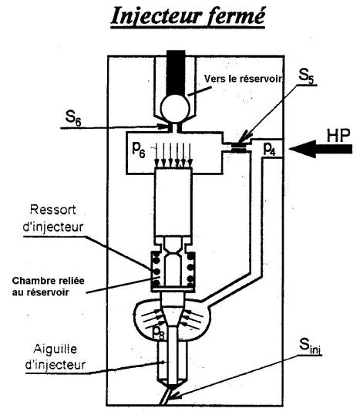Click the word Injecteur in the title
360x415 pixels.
coord(156,16)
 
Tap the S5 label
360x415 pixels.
coord(307,76)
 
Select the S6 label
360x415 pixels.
coord(73,117)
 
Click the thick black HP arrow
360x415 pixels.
coord(321,149)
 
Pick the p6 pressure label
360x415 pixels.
coord(139,150)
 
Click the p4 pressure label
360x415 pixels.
coord(269,150)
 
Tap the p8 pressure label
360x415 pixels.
coord(159,332)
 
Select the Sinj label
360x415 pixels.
coord(310,346)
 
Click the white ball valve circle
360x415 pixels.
coord(175,108)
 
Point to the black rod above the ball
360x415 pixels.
coord(176,72)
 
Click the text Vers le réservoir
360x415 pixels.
coord(243,79)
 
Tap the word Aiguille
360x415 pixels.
coord(56,349)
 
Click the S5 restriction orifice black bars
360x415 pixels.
coord(239,147)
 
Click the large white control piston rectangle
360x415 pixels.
coord(173,201)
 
